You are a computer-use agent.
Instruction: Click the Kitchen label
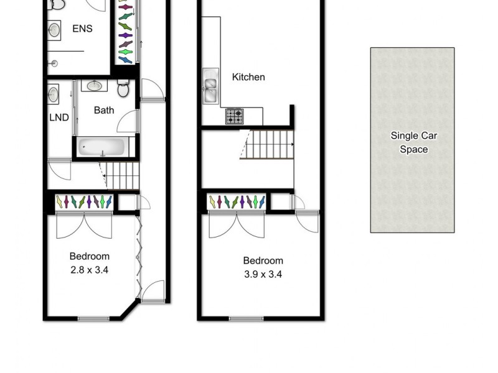tap(248, 77)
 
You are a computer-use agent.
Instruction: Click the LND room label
tap(59, 117)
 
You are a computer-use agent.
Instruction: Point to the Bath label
tap(104, 111)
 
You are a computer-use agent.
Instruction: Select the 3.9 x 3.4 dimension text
tap(263, 274)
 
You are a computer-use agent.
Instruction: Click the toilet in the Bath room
tap(123, 89)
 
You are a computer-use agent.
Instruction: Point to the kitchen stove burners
tap(235, 116)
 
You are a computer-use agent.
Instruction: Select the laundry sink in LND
tap(54, 94)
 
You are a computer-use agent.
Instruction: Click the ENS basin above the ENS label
tap(54, 29)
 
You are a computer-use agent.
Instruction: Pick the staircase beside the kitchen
tap(267, 144)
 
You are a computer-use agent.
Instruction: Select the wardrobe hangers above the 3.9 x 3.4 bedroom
tap(237, 202)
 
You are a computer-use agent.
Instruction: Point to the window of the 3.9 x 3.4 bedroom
tap(246, 320)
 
